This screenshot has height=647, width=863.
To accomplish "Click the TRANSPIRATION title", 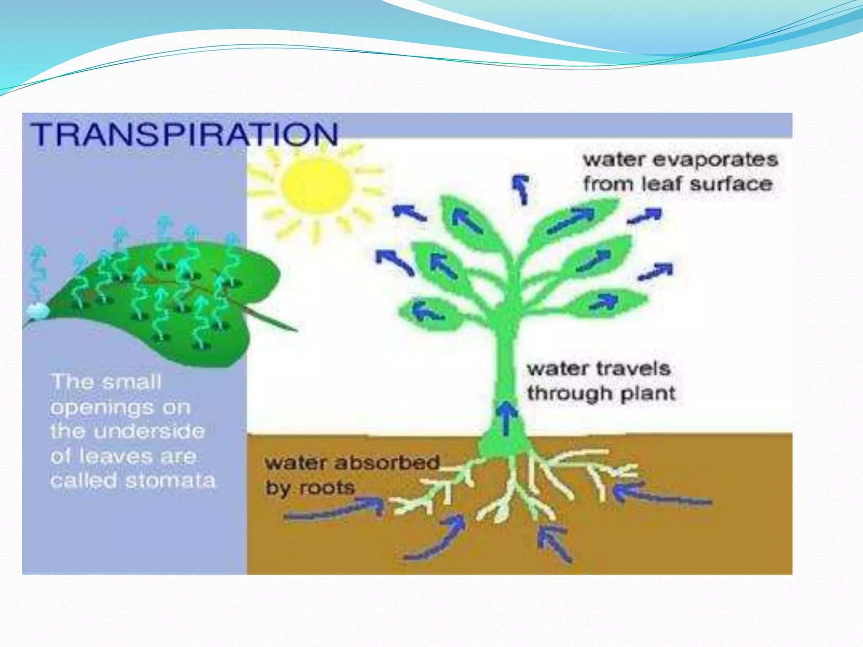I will click(185, 134).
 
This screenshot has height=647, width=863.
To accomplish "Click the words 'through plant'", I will click(601, 393).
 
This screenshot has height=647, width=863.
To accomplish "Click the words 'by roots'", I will click(310, 488).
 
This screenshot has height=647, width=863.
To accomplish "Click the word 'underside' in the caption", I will click(149, 431).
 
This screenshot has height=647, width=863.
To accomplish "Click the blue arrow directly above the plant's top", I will click(521, 188).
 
